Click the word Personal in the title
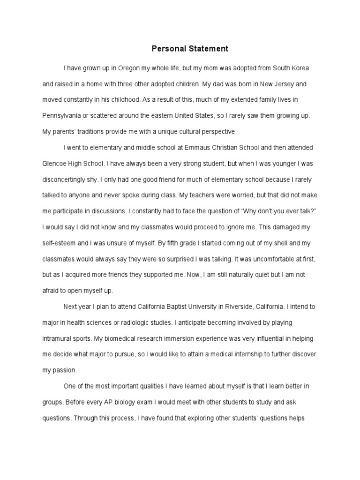pos(166,48)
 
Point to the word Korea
pos(299,68)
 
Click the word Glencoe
pos(55,164)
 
